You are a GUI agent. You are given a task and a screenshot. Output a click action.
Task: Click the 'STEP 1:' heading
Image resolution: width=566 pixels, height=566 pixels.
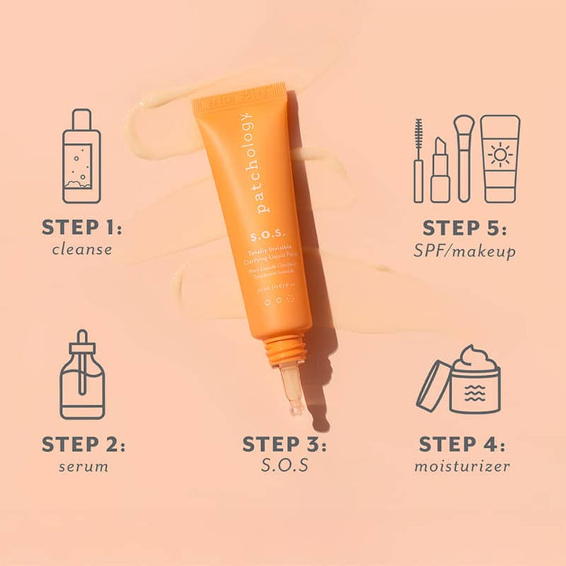tap(83, 229)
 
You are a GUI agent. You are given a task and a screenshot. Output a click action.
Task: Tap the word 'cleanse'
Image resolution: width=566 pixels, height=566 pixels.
tap(83, 251)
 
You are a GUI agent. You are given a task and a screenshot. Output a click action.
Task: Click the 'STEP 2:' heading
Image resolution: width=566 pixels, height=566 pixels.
tap(83, 444)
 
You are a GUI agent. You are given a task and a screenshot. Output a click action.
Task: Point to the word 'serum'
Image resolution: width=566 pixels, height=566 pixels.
tap(83, 466)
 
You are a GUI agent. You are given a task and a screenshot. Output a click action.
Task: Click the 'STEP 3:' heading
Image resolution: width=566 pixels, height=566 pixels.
tap(284, 444)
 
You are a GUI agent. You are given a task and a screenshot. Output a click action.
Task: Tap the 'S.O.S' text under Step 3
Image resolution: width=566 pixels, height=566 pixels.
tap(284, 466)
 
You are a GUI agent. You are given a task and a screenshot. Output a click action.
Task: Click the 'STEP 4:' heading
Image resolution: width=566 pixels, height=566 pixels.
tap(463, 444)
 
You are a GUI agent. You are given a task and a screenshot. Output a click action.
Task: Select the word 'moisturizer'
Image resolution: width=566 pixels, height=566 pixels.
tap(463, 466)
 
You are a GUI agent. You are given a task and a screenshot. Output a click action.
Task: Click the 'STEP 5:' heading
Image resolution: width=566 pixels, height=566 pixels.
tap(465, 229)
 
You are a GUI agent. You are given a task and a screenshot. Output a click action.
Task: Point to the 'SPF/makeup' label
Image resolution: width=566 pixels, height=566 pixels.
tap(465, 252)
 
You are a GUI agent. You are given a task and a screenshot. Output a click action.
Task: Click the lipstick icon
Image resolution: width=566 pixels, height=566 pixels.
tap(440, 170)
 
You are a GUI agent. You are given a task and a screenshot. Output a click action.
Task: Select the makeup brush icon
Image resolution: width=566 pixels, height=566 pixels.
tap(465, 157)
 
